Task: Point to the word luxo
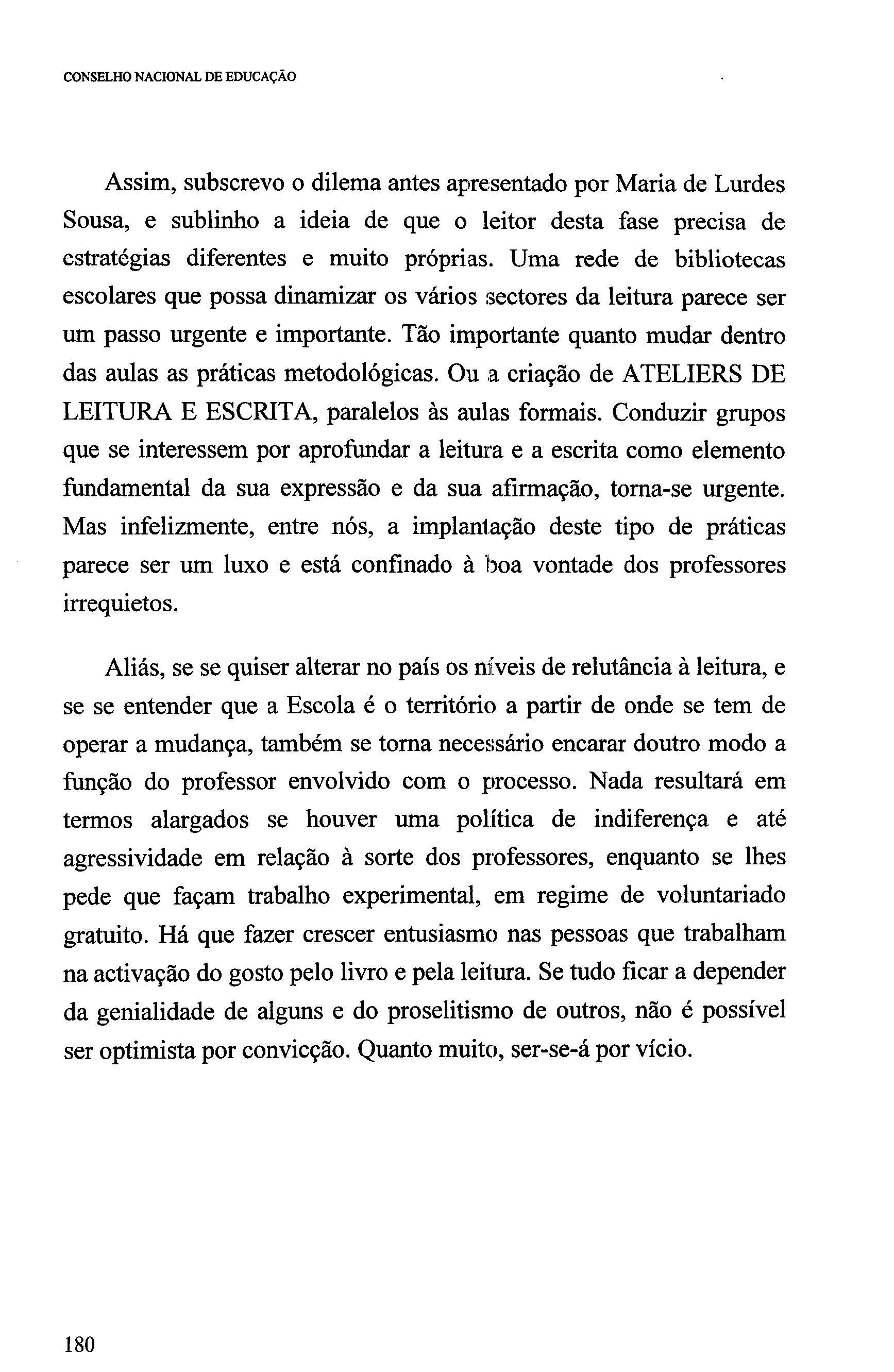tap(245, 565)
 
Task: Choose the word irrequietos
tap(120, 604)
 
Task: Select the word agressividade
tap(132, 858)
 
